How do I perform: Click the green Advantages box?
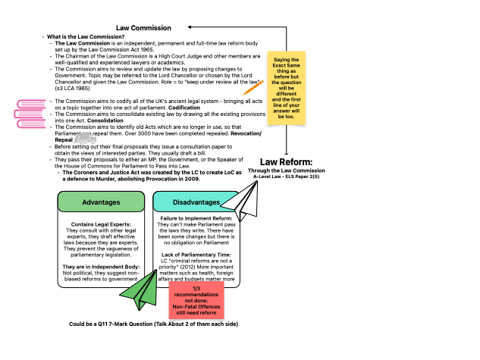[x=101, y=202]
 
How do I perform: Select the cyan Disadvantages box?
[x=196, y=202]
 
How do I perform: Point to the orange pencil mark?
[x=253, y=88]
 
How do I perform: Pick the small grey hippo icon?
[x=85, y=138]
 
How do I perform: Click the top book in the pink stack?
[x=32, y=103]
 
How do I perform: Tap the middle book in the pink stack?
[x=29, y=113]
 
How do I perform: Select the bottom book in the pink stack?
[x=32, y=123]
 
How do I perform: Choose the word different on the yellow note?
[x=286, y=94]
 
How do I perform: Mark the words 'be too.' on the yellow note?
[x=286, y=117]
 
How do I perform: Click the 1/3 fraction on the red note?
[x=196, y=288]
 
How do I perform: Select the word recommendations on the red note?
[x=196, y=294]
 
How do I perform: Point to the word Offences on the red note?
[x=209, y=306]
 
